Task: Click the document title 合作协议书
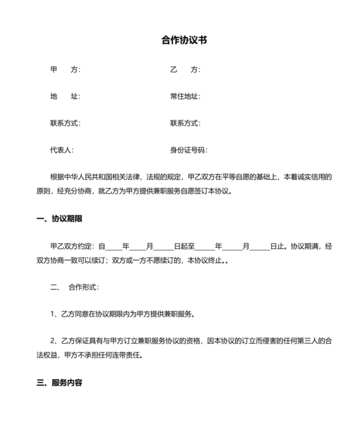[184, 40]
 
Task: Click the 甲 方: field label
[65, 70]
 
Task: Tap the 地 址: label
[65, 97]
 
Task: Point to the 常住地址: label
[185, 97]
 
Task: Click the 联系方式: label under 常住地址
[185, 124]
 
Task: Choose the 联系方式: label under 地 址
[65, 124]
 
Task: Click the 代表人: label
[62, 151]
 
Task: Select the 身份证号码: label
[188, 151]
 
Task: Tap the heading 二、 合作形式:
[75, 287]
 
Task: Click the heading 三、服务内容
[59, 383]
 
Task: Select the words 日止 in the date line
[278, 247]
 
